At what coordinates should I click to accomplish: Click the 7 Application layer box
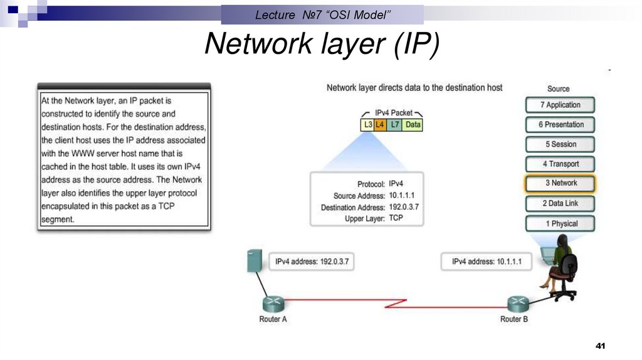click(560, 105)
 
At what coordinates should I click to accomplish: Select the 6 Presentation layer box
click(560, 124)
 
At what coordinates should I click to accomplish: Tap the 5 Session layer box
click(560, 144)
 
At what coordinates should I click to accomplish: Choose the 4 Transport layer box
click(560, 164)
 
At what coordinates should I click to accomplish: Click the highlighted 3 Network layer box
click(560, 183)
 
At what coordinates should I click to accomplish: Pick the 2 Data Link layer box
click(560, 203)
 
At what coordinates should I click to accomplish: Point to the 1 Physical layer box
click(560, 223)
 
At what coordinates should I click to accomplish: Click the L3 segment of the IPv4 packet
click(368, 125)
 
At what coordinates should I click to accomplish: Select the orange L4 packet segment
click(380, 125)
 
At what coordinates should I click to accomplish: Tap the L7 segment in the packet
click(394, 125)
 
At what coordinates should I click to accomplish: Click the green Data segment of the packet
click(413, 125)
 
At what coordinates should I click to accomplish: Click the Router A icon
click(273, 304)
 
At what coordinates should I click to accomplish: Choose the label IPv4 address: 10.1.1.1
click(487, 262)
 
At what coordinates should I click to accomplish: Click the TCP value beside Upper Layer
click(396, 218)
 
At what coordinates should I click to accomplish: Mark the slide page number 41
click(600, 347)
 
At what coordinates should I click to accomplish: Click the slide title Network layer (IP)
click(322, 44)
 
